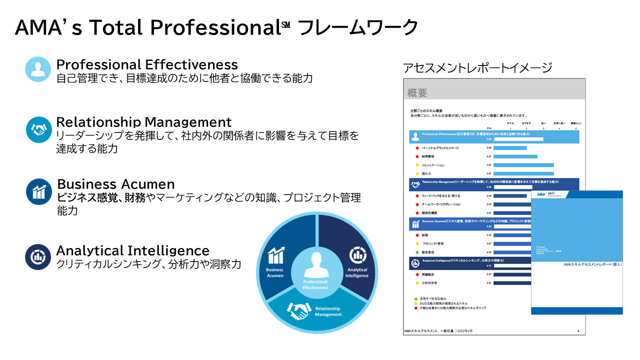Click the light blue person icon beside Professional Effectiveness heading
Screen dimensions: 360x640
click(38, 69)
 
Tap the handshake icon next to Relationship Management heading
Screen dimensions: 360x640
click(38, 129)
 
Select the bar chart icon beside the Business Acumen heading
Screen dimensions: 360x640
click(38, 191)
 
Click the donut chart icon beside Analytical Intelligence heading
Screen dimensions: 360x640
click(38, 257)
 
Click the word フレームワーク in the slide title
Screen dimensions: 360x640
click(357, 27)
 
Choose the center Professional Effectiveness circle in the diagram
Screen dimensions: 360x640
click(315, 270)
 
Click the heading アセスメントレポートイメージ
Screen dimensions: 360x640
click(477, 68)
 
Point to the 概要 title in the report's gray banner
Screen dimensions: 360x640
click(417, 92)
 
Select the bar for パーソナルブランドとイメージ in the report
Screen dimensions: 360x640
click(510, 148)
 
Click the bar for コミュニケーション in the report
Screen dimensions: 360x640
click(523, 165)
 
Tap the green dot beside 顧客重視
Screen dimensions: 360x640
click(417, 252)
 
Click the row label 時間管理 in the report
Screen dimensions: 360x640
click(429, 156)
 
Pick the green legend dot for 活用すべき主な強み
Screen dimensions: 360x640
click(416, 298)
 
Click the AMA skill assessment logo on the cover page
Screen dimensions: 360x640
click(552, 194)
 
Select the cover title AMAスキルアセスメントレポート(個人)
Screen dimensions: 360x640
click(592, 264)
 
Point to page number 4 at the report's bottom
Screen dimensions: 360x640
click(578, 331)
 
